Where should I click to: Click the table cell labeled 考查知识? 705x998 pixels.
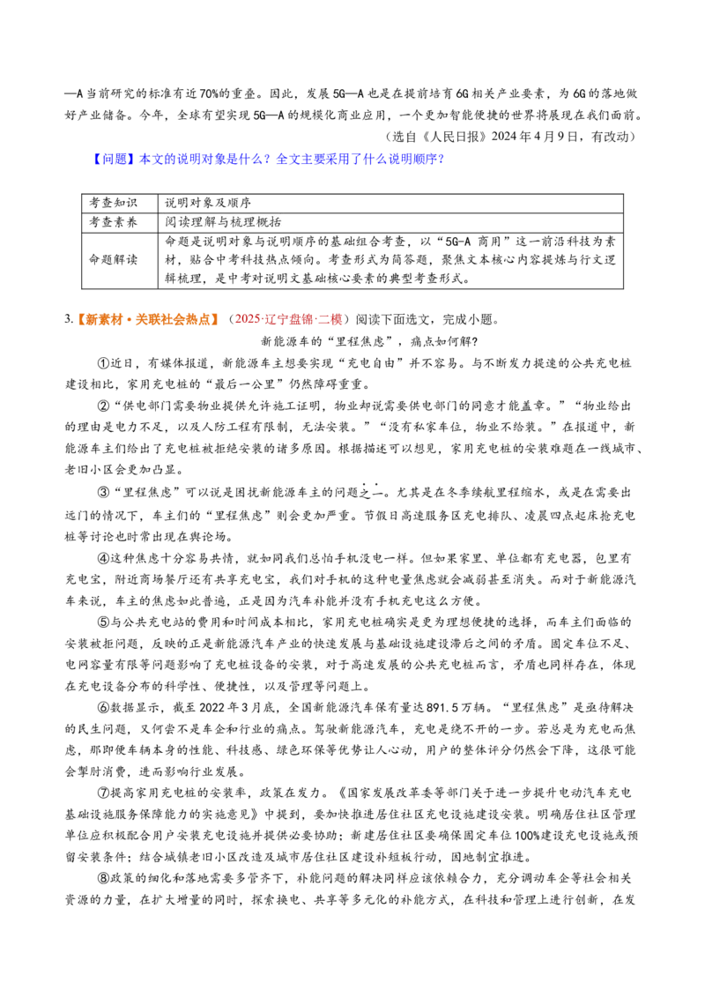113,203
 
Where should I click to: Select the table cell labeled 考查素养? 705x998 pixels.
113,222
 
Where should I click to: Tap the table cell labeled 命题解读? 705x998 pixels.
113,260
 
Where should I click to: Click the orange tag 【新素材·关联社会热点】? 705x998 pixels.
147,319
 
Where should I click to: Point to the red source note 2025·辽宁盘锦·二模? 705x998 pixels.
288,319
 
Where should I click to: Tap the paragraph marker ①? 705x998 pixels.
104,363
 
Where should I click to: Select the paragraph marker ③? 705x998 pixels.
104,493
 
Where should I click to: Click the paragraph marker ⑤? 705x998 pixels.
104,622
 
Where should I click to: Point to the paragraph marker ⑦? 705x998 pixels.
104,793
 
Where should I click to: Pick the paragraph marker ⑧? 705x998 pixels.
104,878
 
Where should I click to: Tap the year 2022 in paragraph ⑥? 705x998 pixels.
211,708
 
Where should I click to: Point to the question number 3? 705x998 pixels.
68,319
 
